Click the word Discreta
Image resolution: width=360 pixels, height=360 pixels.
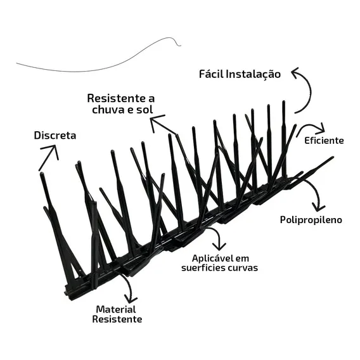[x=55, y=136]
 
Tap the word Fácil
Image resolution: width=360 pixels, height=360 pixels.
[x=211, y=74]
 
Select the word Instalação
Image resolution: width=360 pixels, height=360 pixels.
[x=254, y=75]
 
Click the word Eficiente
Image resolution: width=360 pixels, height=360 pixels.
[x=324, y=141]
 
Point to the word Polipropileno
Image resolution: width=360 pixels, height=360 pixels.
[x=311, y=220]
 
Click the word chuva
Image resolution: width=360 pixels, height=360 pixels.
[x=108, y=110]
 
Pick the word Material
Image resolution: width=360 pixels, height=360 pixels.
[x=116, y=309]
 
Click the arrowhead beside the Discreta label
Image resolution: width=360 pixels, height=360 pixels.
[x=51, y=151]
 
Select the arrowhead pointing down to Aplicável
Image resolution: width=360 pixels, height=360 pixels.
[x=219, y=247]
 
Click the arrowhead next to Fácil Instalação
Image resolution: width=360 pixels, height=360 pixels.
[x=295, y=72]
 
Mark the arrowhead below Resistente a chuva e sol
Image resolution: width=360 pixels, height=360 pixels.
[x=156, y=121]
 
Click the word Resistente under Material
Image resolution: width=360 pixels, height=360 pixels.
[x=117, y=319]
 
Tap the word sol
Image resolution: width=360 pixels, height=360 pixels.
[x=145, y=110]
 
